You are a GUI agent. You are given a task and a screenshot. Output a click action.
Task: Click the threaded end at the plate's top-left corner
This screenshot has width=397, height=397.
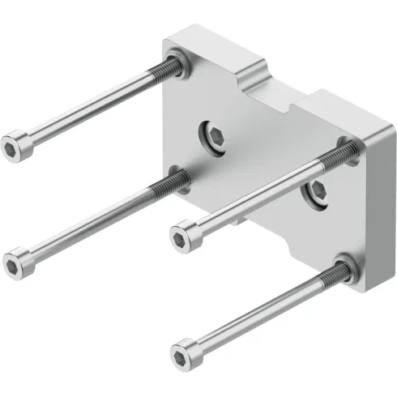171,64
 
